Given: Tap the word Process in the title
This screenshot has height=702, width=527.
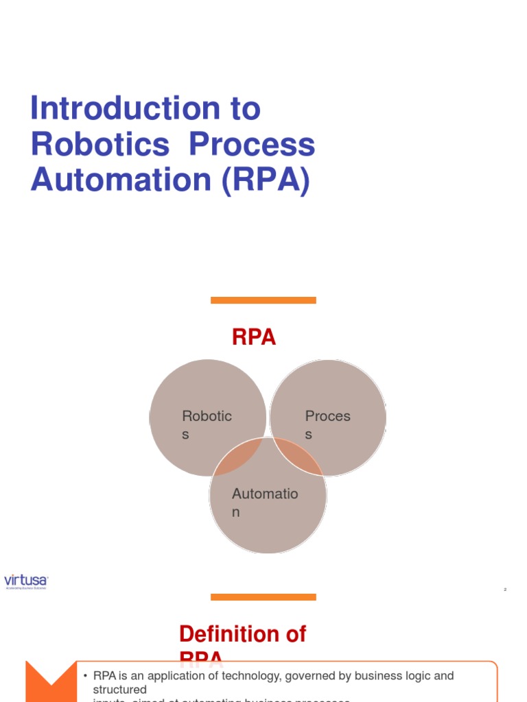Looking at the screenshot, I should pyautogui.click(x=253, y=145).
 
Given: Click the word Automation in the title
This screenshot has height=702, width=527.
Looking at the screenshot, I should pyautogui.click(x=121, y=180).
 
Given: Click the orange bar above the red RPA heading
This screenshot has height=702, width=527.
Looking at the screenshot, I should pyautogui.click(x=263, y=300).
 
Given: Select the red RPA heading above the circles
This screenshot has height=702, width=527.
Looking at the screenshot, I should pyautogui.click(x=254, y=337).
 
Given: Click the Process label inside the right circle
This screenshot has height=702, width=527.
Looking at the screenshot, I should pyautogui.click(x=327, y=424).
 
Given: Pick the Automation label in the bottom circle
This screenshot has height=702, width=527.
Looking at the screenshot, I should pyautogui.click(x=265, y=503).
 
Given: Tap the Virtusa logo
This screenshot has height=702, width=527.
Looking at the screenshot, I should pyautogui.click(x=26, y=582).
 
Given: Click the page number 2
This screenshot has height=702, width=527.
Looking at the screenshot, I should pyautogui.click(x=505, y=590).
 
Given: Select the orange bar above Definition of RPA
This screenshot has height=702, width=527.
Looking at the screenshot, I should pyautogui.click(x=263, y=597).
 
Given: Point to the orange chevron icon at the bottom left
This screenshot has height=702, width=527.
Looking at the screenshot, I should pyautogui.click(x=50, y=683).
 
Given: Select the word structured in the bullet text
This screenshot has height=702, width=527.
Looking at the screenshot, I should pyautogui.click(x=120, y=690).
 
